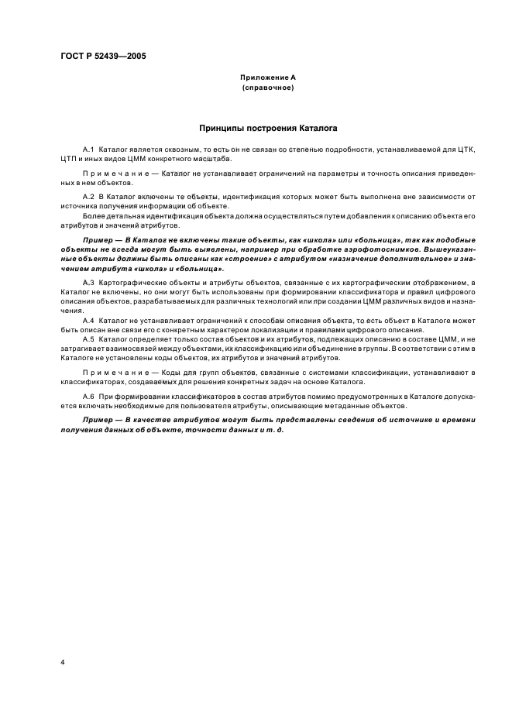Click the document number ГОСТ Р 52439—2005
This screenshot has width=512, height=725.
tap(104, 56)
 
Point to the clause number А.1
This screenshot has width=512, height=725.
tap(89, 147)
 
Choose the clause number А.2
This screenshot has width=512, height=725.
tap(89, 198)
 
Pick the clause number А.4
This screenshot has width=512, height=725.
tap(89, 319)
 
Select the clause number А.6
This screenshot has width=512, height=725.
tap(89, 397)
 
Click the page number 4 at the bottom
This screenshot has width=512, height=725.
tap(61, 662)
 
